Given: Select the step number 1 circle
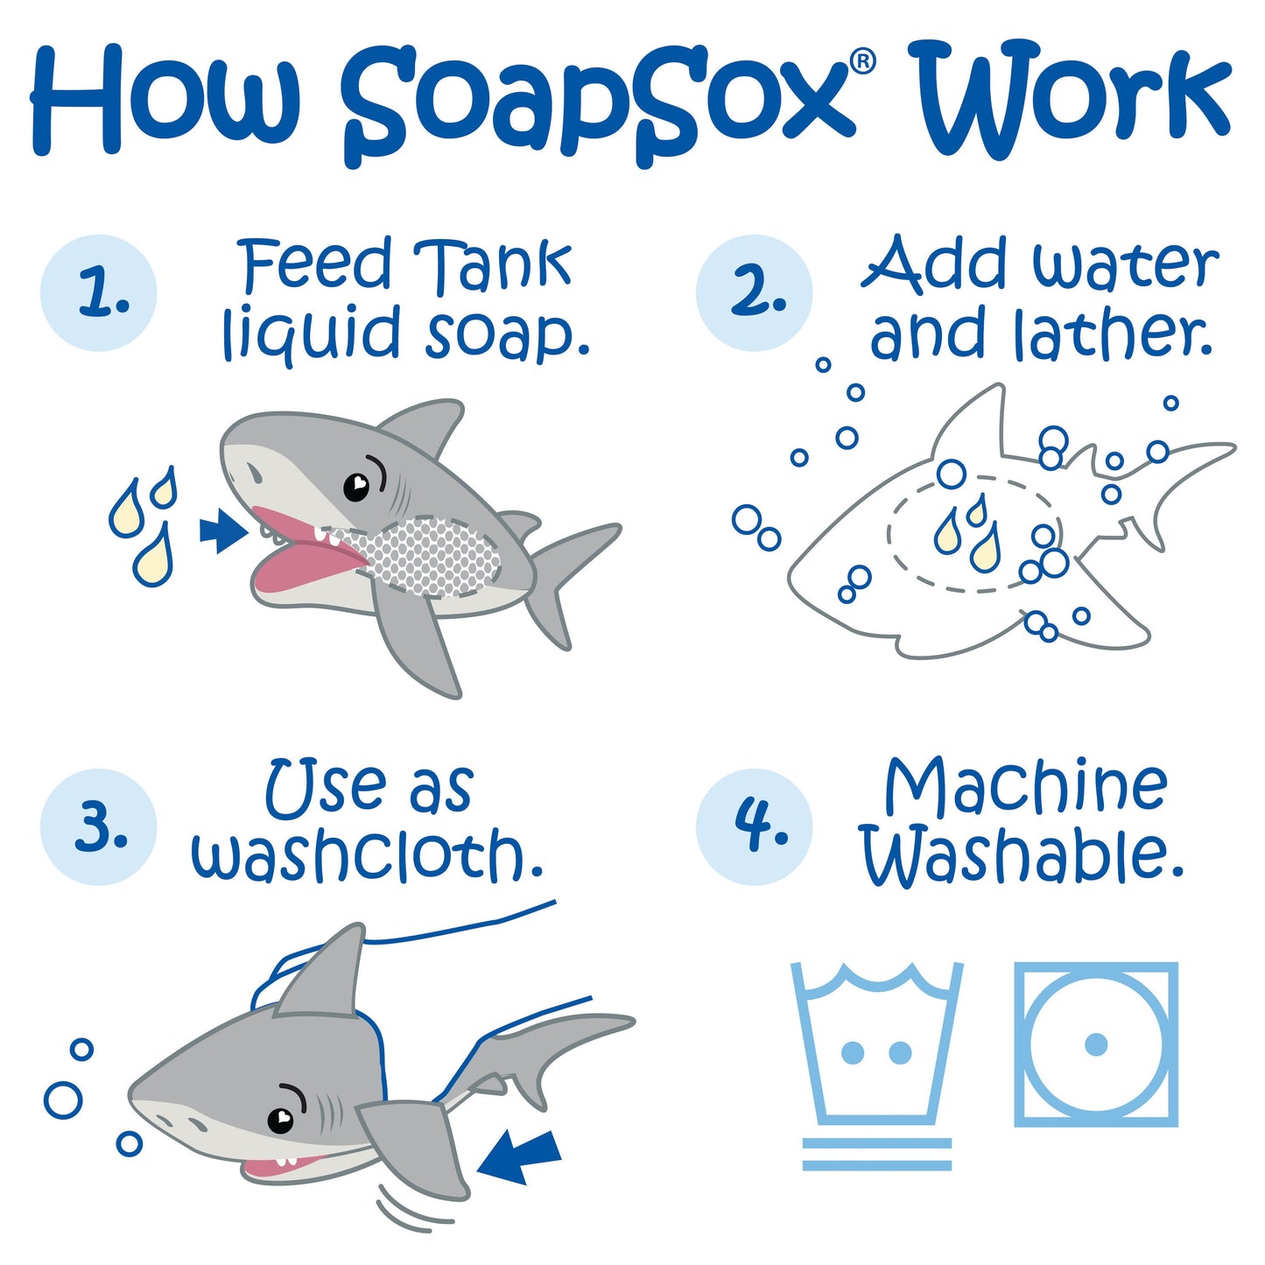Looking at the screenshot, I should (x=99, y=293).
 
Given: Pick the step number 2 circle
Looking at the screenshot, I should (x=755, y=293).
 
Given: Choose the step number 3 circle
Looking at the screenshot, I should (x=99, y=827).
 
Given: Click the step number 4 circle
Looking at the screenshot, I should (x=755, y=827).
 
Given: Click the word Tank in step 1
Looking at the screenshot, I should (x=492, y=264).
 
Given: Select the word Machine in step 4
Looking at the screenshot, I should (x=1025, y=785).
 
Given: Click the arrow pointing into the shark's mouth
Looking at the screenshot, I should (x=223, y=531).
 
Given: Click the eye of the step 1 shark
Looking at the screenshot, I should (x=356, y=486).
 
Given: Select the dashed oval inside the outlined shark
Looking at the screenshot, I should (x=972, y=534).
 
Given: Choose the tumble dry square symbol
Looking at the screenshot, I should (x=1096, y=1044).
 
